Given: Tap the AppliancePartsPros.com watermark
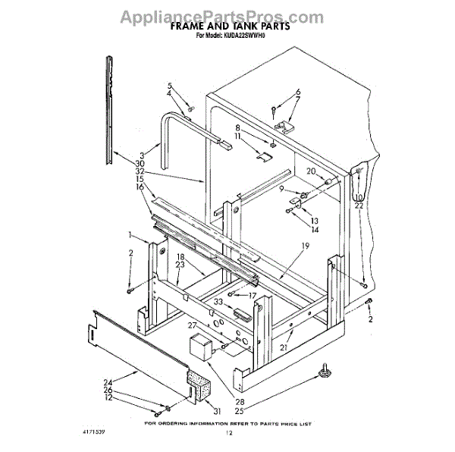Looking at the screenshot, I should (227, 12).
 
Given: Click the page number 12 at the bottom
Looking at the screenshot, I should (227, 433).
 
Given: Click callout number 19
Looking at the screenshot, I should (305, 245).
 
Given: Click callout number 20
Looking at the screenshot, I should (309, 171).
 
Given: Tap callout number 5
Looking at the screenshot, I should (170, 86).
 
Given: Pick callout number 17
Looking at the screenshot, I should (253, 295).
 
